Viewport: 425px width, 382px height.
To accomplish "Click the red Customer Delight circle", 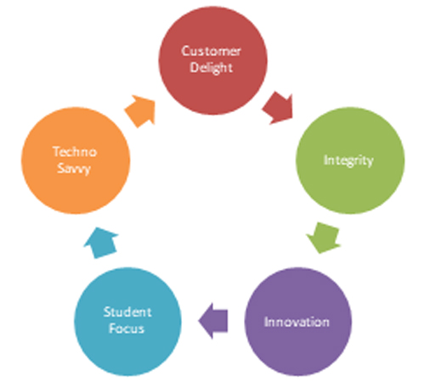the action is tap(212, 60).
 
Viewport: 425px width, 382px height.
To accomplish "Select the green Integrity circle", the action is tap(350, 160).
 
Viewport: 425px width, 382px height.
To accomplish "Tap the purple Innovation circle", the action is tap(298, 322).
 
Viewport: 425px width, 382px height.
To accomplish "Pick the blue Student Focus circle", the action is tap(127, 322).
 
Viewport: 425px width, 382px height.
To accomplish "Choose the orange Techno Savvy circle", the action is tap(76, 160).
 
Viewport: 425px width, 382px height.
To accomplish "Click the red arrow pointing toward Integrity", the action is tap(278, 108).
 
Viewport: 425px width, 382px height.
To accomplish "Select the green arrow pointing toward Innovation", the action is tap(324, 238).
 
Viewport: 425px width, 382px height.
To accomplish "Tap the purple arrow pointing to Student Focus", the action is tap(213, 321).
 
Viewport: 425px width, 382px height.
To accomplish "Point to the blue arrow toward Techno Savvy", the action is tap(101, 243).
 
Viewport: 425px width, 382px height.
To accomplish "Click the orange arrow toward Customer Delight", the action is tap(141, 111).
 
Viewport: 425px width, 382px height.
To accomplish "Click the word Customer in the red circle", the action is tap(212, 51).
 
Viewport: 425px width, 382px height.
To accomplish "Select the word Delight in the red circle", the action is tap(212, 68).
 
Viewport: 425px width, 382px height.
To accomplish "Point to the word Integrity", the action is tap(348, 160).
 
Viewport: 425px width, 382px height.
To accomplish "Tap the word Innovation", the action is tap(297, 322).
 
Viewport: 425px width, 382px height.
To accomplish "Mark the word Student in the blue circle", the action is tap(127, 312).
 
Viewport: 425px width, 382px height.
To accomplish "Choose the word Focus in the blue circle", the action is tap(127, 329).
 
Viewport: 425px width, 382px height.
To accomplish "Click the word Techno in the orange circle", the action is tap(75, 152).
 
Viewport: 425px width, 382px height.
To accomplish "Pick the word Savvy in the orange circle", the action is tap(74, 169).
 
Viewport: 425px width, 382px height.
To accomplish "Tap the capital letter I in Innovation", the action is tap(266, 322).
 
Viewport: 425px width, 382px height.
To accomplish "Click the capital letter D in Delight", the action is tap(195, 67).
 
